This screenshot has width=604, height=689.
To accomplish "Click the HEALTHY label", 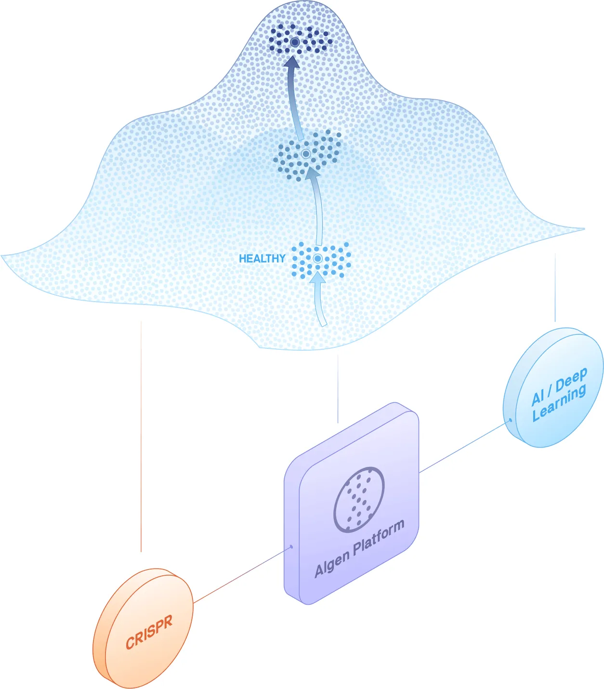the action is (262, 259).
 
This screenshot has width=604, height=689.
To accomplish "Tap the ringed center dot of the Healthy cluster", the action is (317, 259).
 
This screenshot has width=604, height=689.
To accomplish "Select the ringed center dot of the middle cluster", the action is (306, 154).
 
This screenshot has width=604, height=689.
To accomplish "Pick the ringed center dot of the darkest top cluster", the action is (295, 42).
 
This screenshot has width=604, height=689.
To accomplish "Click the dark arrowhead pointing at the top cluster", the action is (292, 63).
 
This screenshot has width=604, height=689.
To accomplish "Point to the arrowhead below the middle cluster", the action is (312, 172).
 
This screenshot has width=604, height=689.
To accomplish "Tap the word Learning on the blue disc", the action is (559, 403).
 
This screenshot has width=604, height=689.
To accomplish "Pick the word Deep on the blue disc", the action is (571, 379).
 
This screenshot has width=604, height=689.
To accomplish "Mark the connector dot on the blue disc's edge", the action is (511, 420).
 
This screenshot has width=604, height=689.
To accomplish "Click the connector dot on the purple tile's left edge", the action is (291, 547).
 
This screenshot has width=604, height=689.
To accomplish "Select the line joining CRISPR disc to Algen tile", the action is (242, 575).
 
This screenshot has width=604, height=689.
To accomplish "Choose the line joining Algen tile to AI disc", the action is (465, 447).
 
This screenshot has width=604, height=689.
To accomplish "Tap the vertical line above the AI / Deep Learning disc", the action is (555, 287).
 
